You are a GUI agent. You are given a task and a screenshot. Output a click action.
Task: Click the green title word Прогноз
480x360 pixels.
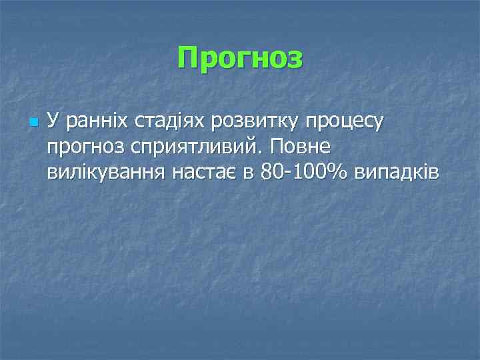point(240,59)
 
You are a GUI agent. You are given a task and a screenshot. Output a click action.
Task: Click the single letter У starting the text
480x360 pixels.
point(53,121)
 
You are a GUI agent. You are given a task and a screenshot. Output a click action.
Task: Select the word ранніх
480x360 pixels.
point(89,121)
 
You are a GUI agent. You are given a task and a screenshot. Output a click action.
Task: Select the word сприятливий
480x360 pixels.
point(183,148)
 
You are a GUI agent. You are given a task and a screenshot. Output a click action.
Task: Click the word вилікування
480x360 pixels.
point(107,173)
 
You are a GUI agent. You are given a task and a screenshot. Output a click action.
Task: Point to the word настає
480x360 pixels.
point(205,173)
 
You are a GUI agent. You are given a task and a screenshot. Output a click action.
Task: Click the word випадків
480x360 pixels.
point(397,173)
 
